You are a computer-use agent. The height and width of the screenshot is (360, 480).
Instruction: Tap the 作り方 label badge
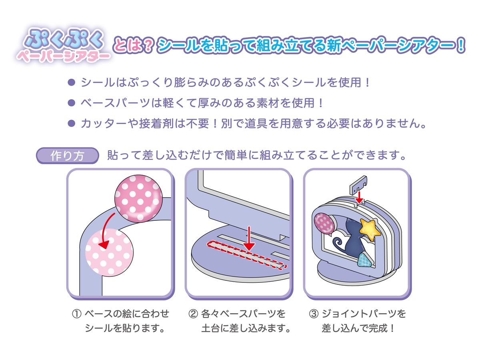pyautogui.click(x=67, y=156)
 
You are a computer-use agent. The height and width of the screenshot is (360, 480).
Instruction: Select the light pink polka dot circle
pyautogui.click(x=109, y=252)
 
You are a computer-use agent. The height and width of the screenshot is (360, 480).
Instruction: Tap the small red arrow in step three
pyautogui.click(x=359, y=196)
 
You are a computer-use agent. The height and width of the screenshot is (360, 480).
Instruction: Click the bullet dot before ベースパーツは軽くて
pyautogui.click(x=72, y=103)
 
